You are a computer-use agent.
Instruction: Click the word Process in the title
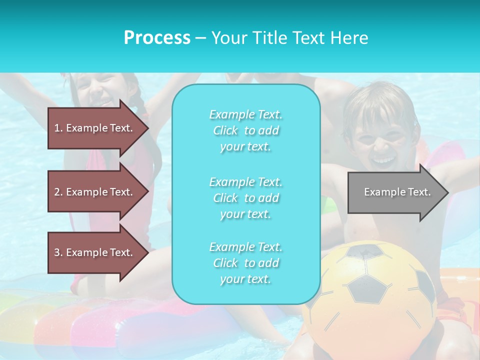(157, 38)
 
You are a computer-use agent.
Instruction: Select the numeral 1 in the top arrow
(57, 128)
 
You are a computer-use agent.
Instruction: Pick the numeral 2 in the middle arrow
(57, 192)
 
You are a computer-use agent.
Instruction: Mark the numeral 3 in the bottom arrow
(57, 252)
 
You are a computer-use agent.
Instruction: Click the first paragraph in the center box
(245, 130)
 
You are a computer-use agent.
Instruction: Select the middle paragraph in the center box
(245, 198)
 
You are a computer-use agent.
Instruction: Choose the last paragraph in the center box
(245, 263)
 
